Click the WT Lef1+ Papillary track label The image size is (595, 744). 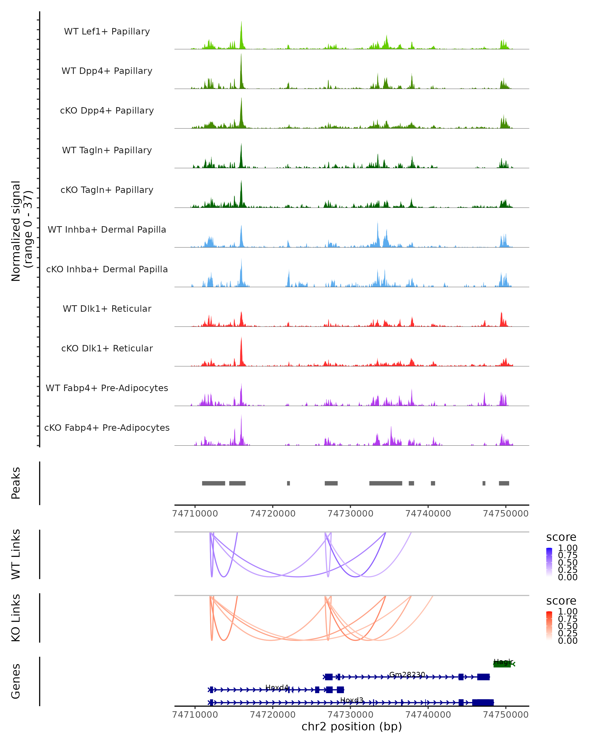pyautogui.click(x=107, y=31)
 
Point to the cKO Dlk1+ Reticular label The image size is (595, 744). pyautogui.click(x=107, y=348)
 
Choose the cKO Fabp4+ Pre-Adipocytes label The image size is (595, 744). pyautogui.click(x=107, y=428)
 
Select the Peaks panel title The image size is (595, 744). pyautogui.click(x=16, y=483)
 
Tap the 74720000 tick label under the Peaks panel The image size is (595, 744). pyautogui.click(x=272, y=514)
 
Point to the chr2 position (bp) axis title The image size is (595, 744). pyautogui.click(x=352, y=727)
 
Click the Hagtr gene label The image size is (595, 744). pyautogui.click(x=503, y=662)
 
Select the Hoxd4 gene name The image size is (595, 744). pyautogui.click(x=277, y=687)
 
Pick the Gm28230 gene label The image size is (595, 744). pyautogui.click(x=407, y=674)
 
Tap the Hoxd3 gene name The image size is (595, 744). pyautogui.click(x=352, y=700)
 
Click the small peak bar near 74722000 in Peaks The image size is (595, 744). pyautogui.click(x=288, y=483)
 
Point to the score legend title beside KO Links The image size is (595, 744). pyautogui.click(x=561, y=601)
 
